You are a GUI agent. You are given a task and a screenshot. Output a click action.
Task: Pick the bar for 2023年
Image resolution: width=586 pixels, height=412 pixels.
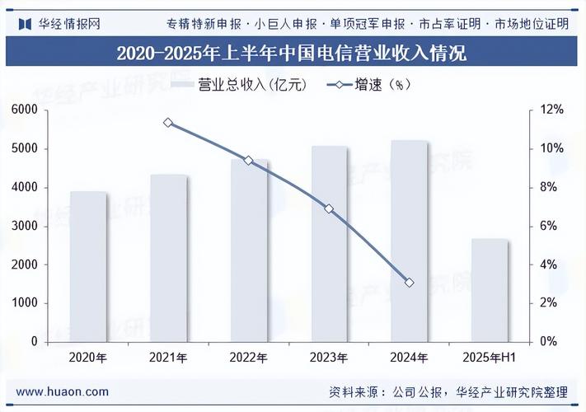(329, 243)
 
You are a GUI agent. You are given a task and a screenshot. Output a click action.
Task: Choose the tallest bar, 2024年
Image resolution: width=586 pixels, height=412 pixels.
(409, 241)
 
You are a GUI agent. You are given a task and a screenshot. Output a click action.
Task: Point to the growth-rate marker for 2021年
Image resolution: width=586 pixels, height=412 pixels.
(168, 123)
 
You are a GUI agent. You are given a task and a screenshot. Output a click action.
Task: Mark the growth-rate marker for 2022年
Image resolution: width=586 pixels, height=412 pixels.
(249, 161)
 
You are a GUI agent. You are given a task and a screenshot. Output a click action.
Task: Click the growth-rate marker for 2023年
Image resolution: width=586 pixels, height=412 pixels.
(329, 209)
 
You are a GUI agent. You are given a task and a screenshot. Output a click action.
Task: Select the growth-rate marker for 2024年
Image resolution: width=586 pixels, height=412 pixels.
(409, 283)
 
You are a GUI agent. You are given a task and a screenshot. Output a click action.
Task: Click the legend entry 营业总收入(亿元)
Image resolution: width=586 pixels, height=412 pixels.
(239, 85)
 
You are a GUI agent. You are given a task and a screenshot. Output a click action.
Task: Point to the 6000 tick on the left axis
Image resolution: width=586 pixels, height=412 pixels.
(25, 110)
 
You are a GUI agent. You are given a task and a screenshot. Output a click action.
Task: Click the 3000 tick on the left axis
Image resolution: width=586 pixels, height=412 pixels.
(25, 226)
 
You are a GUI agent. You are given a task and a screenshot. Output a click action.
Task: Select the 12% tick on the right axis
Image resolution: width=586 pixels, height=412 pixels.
(551, 110)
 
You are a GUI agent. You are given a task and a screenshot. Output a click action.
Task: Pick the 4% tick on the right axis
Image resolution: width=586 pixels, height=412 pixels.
(549, 265)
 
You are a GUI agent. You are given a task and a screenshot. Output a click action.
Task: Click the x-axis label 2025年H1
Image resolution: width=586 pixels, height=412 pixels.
(490, 358)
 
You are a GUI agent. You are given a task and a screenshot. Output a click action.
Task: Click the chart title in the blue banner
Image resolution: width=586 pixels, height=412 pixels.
(292, 54)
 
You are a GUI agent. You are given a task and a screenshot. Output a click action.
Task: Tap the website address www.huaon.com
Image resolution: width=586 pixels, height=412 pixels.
(63, 392)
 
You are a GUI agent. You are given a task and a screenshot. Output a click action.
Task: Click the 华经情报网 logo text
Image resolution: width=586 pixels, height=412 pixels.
(69, 23)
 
